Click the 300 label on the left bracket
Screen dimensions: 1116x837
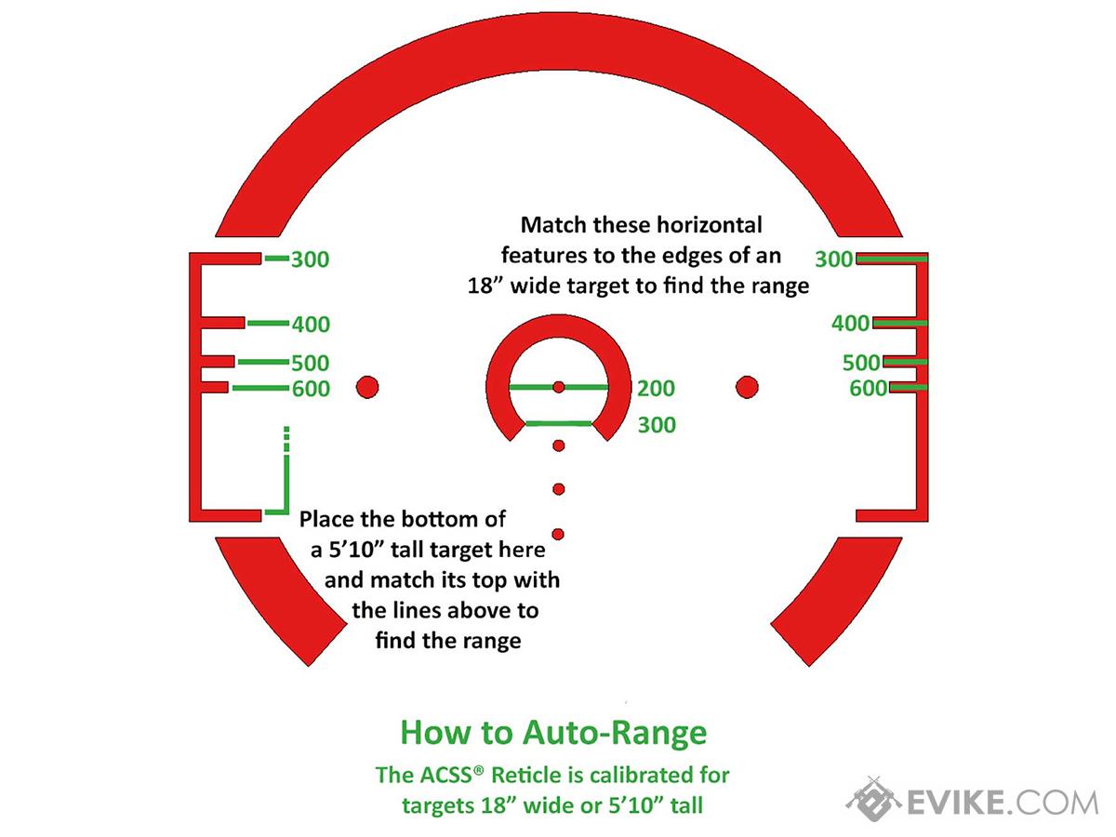310,259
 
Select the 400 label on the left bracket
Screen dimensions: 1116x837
311,325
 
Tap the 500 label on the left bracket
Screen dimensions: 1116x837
311,364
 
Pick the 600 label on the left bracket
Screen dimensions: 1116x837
312,389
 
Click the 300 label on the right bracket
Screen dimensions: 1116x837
834,259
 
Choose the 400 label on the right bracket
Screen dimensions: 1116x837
850,324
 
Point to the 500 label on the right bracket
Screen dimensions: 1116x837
861,363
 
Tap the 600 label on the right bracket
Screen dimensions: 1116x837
869,388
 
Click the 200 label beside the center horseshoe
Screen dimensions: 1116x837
657,389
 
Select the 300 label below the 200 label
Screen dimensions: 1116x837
657,425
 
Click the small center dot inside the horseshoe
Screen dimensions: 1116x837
559,387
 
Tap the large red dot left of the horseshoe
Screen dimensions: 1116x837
367,387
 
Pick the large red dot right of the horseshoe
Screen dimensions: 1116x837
747,387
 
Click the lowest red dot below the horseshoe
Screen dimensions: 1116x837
558,534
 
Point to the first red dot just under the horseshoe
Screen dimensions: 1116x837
559,445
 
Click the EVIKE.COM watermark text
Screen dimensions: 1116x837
1003,803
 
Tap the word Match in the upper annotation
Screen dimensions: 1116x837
553,225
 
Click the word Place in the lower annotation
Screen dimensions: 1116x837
327,520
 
